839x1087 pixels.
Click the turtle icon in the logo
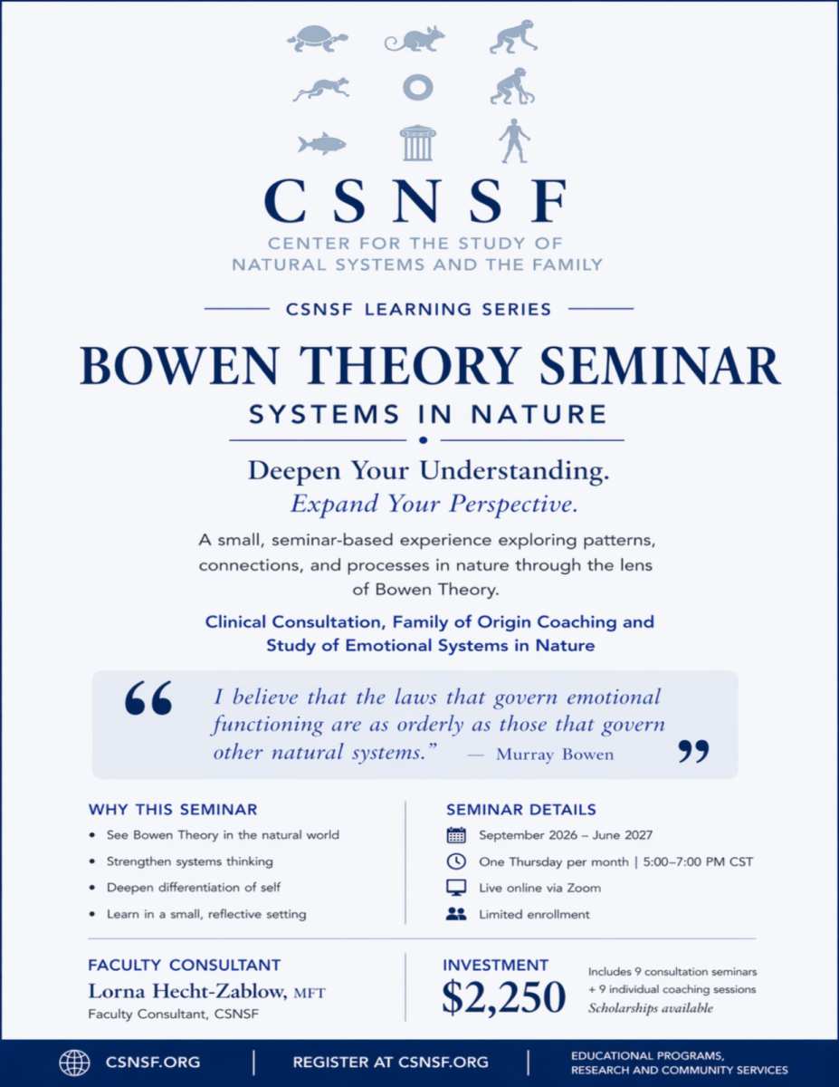point(318,39)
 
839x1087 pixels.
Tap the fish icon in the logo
point(322,144)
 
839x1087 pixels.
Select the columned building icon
point(418,143)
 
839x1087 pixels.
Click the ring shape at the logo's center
point(418,88)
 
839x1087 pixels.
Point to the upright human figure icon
point(514,140)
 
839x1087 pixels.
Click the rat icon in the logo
point(415,39)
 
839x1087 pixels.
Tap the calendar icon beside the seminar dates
point(456,835)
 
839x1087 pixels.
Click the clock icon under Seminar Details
point(456,861)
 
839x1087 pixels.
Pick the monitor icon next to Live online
point(456,888)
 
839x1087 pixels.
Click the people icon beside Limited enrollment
point(456,914)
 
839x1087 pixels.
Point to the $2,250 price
point(504,997)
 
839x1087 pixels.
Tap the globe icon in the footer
point(74,1063)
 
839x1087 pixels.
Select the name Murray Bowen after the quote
point(555,754)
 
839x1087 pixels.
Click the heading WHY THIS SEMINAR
point(173,810)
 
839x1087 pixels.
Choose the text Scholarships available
point(651,1008)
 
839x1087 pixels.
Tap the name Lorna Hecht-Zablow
point(187,991)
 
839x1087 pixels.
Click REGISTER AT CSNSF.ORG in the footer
point(391,1062)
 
